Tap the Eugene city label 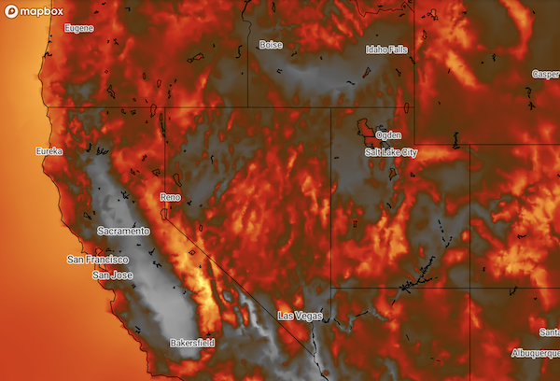(78, 28)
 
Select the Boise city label (271, 45)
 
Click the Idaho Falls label (386, 49)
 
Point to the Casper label (545, 74)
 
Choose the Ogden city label (387, 135)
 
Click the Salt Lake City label (392, 152)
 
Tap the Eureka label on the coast (49, 151)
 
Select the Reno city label (170, 198)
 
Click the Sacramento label (123, 231)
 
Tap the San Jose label (112, 276)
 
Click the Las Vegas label (300, 317)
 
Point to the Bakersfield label (192, 344)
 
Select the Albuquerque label (535, 354)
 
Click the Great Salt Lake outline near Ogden (367, 128)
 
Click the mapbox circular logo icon (11, 11)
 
